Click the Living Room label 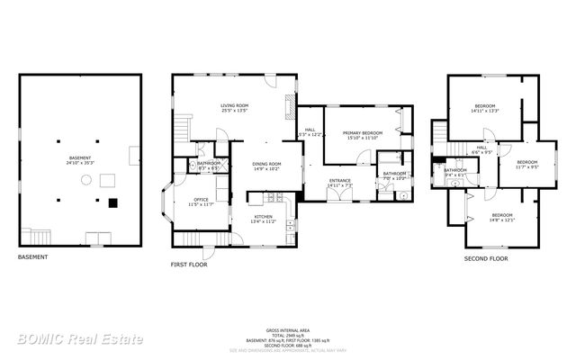click(236, 106)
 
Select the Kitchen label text click(263, 217)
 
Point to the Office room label click(201, 201)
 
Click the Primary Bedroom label click(364, 133)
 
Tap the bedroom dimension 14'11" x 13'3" click(484, 112)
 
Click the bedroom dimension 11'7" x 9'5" click(526, 166)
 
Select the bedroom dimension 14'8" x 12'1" click(501, 220)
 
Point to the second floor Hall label click(481, 148)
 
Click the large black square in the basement click(112, 202)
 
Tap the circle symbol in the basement click(85, 180)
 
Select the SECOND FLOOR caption click(486, 257)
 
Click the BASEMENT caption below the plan click(32, 257)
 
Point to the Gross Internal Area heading click(287, 331)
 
